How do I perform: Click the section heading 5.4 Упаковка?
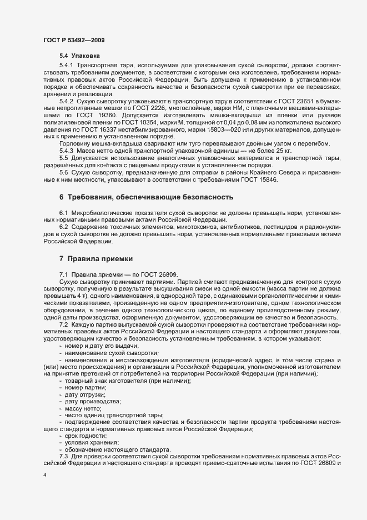point(80,56)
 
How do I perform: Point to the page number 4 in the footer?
point(45,476)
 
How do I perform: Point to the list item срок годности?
point(84,435)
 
